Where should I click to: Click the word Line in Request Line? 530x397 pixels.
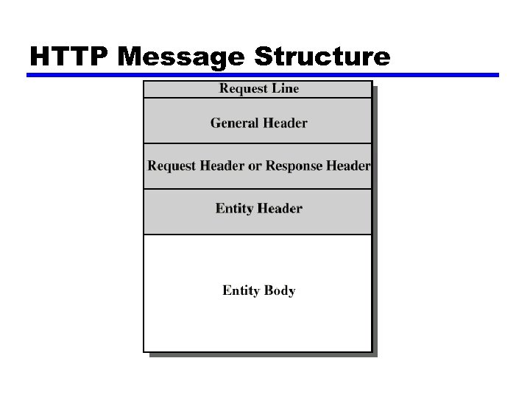point(286,89)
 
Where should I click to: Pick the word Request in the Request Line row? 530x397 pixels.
point(244,89)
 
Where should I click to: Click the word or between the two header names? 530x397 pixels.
point(255,165)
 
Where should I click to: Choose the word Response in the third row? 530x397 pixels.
point(294,165)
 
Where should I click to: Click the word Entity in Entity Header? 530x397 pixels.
point(235,208)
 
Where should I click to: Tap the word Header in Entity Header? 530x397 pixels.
point(280,208)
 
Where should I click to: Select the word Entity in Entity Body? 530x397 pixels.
point(241,290)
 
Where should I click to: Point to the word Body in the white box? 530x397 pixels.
point(280,290)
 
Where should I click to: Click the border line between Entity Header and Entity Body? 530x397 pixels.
point(258,235)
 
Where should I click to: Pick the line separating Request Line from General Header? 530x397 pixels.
point(258,99)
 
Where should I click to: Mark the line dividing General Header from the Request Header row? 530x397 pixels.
point(258,143)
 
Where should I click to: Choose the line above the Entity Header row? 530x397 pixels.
point(258,189)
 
